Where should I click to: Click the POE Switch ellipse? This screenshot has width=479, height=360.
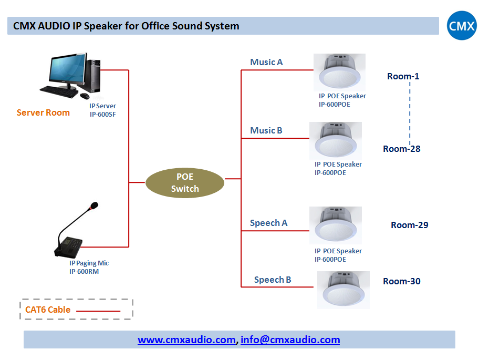[x=185, y=183]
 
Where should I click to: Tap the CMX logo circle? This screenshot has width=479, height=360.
[x=462, y=26]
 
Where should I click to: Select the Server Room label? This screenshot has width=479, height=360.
[x=43, y=112]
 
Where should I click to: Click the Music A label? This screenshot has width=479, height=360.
[x=266, y=62]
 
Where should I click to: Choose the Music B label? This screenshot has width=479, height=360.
[x=266, y=130]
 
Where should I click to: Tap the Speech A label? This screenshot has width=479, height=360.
[x=268, y=223]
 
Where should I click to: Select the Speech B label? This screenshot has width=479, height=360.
[x=273, y=280]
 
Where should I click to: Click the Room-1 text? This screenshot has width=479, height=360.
[x=403, y=76]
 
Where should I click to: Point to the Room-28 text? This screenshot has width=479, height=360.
[x=402, y=149]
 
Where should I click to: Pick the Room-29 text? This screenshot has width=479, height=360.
[x=409, y=225]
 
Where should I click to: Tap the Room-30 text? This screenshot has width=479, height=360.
[x=402, y=281]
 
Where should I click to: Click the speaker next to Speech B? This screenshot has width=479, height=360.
[x=343, y=290]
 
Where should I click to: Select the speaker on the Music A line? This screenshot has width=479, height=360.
[x=339, y=73]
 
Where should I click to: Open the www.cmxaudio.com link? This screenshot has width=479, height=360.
[x=186, y=340]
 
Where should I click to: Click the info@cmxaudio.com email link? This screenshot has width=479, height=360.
[x=290, y=340]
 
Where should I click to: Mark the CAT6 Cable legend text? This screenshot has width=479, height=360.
[x=48, y=310]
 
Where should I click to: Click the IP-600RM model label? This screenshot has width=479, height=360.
[x=84, y=271]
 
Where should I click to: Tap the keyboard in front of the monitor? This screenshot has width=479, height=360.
[x=59, y=91]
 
